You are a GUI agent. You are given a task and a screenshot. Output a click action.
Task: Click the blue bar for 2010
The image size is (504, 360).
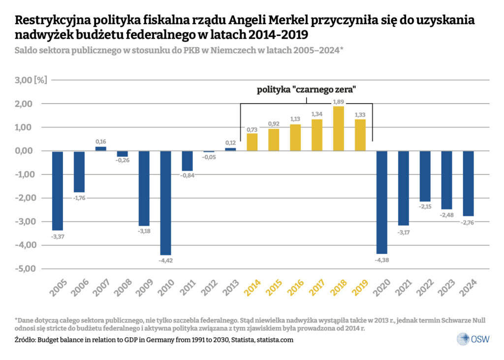[165, 203]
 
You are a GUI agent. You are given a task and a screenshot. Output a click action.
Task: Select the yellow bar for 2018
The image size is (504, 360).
[339, 128]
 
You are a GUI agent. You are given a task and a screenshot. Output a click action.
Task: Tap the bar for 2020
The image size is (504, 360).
[382, 202]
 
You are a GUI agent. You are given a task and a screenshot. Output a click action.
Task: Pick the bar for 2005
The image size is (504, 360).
[58, 190]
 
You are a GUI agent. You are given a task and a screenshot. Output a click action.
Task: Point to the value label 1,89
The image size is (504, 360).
[339, 102]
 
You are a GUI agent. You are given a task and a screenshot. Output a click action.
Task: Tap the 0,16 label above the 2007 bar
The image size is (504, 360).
[101, 142]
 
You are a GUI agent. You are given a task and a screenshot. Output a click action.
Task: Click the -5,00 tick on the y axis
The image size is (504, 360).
[23, 269]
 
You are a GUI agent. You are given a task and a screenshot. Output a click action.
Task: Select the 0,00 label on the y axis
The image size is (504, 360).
[23, 151]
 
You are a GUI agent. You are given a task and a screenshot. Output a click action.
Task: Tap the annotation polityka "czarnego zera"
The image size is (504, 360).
[306, 90]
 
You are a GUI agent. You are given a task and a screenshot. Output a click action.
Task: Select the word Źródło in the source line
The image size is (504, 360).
[27, 340]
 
